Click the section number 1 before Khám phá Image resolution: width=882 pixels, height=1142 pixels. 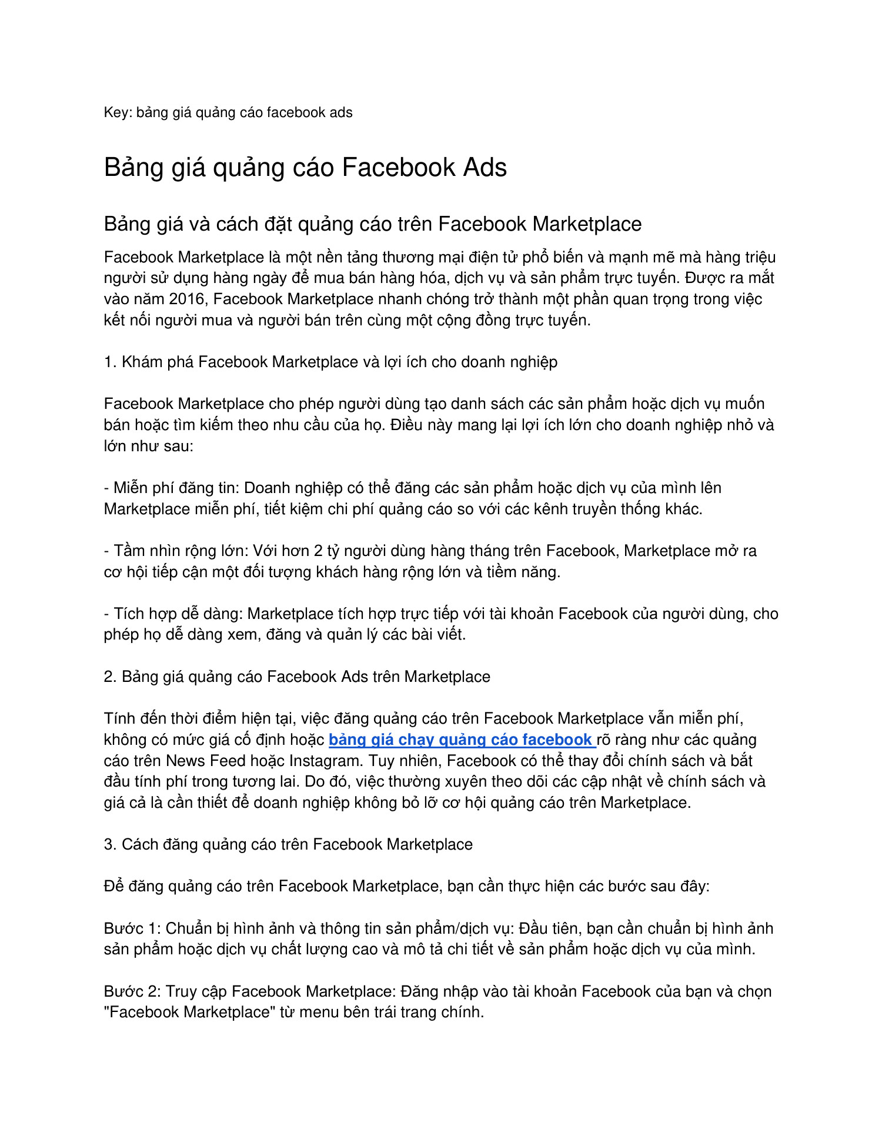tap(109, 362)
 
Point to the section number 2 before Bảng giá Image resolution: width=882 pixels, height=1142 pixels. tap(109, 677)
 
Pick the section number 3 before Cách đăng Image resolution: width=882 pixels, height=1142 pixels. tap(109, 844)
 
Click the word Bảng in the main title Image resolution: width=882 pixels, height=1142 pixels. tap(132, 167)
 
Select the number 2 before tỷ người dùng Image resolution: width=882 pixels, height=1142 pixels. tap(318, 551)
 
